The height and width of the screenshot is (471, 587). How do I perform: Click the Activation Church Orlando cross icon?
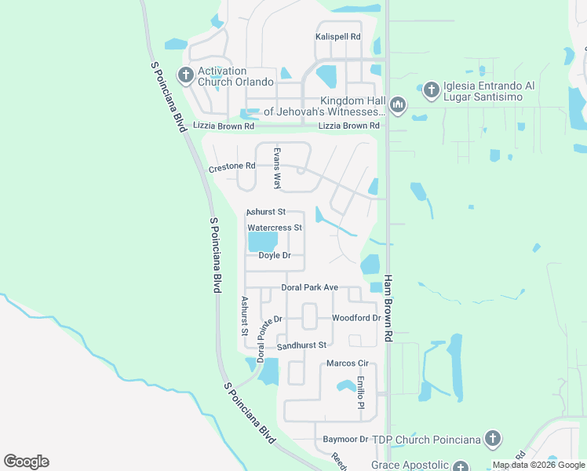[186, 75]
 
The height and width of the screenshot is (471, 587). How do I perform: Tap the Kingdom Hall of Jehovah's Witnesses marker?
[398, 104]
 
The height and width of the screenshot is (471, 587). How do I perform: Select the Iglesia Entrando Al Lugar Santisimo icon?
[431, 90]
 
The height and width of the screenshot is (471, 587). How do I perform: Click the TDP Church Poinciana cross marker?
[492, 439]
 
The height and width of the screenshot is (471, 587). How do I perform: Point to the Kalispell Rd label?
[337, 37]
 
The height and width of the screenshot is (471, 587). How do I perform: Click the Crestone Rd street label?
[232, 167]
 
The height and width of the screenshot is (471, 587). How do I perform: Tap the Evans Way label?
[276, 168]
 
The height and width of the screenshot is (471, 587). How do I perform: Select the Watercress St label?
[275, 228]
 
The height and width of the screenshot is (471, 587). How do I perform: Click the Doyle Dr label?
[275, 256]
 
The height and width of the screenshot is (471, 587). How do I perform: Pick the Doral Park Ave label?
[309, 288]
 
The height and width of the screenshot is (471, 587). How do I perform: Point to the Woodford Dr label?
[355, 318]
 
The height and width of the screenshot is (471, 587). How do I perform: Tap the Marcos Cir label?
[347, 363]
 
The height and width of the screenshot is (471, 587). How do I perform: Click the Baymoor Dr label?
[345, 439]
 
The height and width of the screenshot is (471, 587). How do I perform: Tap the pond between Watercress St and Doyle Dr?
[264, 241]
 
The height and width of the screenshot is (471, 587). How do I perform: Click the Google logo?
[26, 462]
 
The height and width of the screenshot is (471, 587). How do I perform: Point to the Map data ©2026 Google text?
[538, 465]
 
